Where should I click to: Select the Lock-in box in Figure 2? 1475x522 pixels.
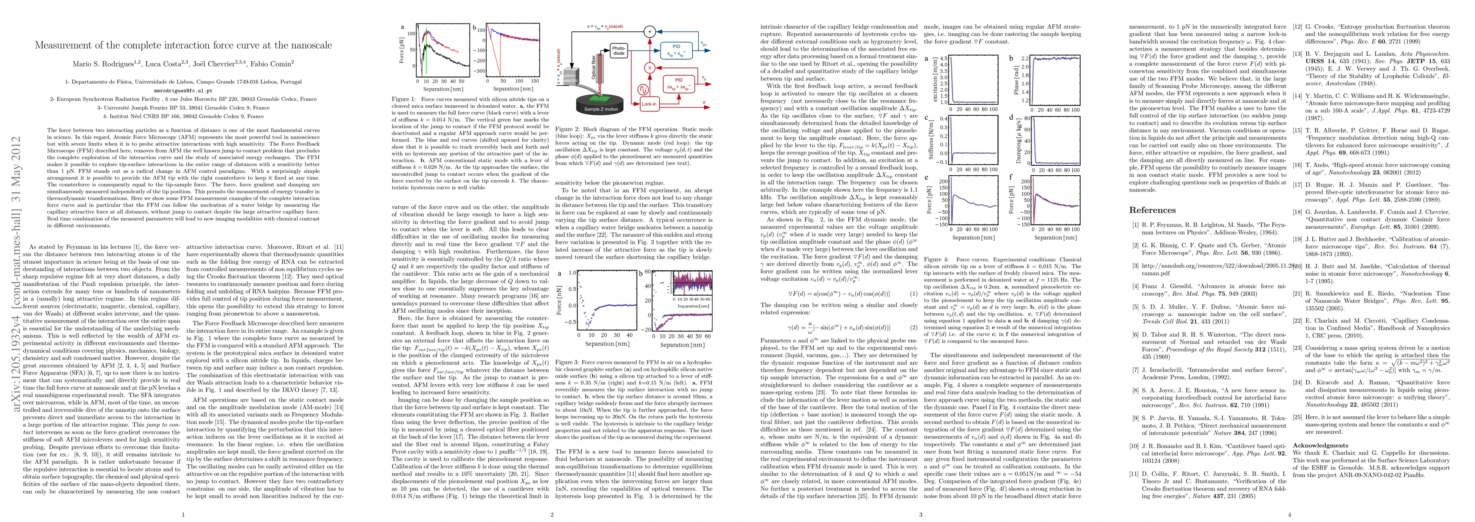click(x=649, y=104)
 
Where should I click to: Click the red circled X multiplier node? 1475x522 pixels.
click(x=649, y=67)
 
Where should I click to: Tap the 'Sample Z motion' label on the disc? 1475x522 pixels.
click(x=601, y=109)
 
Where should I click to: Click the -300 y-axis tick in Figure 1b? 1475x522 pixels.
click(x=479, y=71)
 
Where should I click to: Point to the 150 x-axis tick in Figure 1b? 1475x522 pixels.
click(x=535, y=81)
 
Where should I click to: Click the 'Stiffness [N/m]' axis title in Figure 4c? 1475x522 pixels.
click(x=931, y=141)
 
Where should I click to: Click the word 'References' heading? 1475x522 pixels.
click(x=1152, y=210)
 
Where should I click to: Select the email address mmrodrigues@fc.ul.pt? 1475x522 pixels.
click(x=183, y=90)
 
